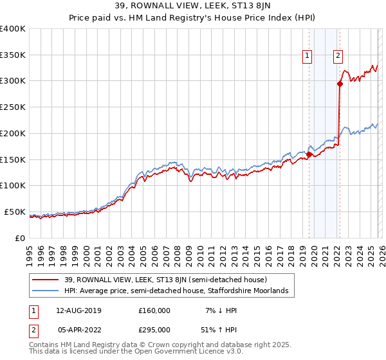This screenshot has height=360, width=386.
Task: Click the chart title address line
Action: [193, 7]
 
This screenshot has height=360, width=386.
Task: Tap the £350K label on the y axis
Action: [13, 55]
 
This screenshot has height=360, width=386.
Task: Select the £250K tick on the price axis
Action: [13, 107]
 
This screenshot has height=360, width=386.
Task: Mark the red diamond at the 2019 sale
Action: [309, 154]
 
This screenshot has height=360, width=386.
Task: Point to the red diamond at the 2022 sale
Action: [339, 83]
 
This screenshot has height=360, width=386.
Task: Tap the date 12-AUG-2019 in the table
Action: [78, 310]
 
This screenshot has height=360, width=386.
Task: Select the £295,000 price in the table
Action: [154, 331]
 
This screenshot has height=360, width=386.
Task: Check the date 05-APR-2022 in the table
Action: [78, 331]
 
